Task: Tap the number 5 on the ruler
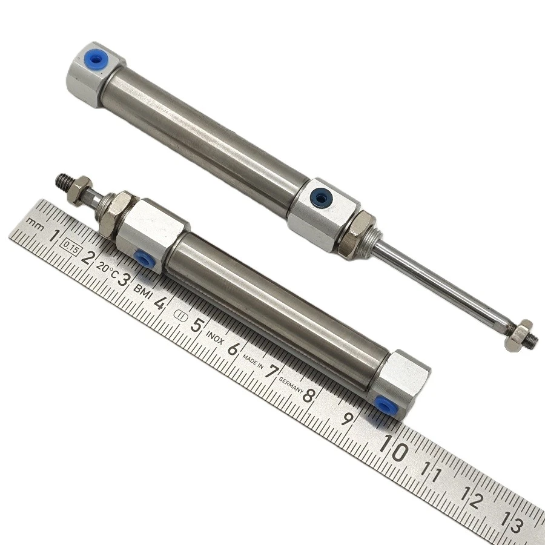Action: coord(197,326)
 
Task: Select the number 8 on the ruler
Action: coord(309,395)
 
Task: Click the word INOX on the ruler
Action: coord(215,337)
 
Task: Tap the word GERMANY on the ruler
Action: coord(291,385)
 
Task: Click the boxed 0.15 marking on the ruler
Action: coord(71,248)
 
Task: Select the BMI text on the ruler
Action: coord(143,291)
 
